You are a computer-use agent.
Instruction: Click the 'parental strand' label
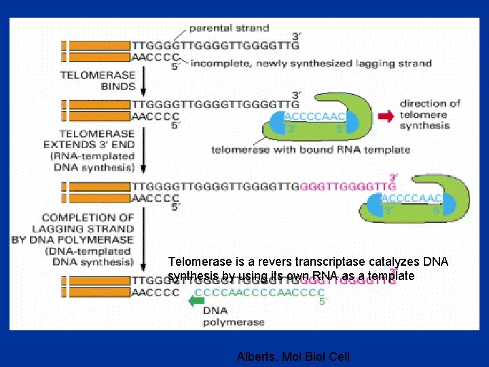[x=229, y=29]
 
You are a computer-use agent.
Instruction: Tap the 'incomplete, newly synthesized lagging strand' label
[x=310, y=63]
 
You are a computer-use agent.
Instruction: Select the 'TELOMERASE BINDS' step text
[x=99, y=81]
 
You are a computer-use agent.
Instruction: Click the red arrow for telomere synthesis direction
[x=386, y=116]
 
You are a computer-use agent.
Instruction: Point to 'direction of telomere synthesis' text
[x=429, y=115]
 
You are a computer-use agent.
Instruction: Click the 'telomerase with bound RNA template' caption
[x=310, y=150]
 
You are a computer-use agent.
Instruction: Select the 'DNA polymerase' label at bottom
[x=226, y=316]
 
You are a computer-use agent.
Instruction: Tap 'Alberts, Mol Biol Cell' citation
[x=293, y=356]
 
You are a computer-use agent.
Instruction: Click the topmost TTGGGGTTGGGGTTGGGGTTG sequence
[x=215, y=46]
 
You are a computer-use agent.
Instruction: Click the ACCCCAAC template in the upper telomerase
[x=313, y=115]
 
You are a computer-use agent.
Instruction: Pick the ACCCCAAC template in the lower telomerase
[x=412, y=198]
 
